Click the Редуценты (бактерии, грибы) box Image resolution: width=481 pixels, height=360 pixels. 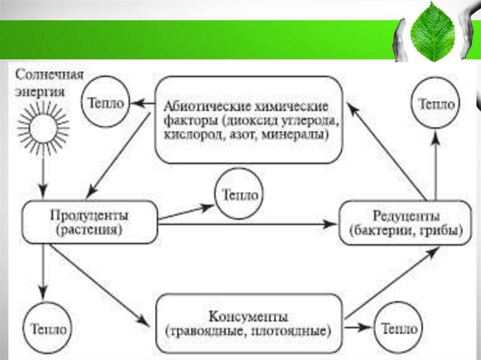tap(405, 223)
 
